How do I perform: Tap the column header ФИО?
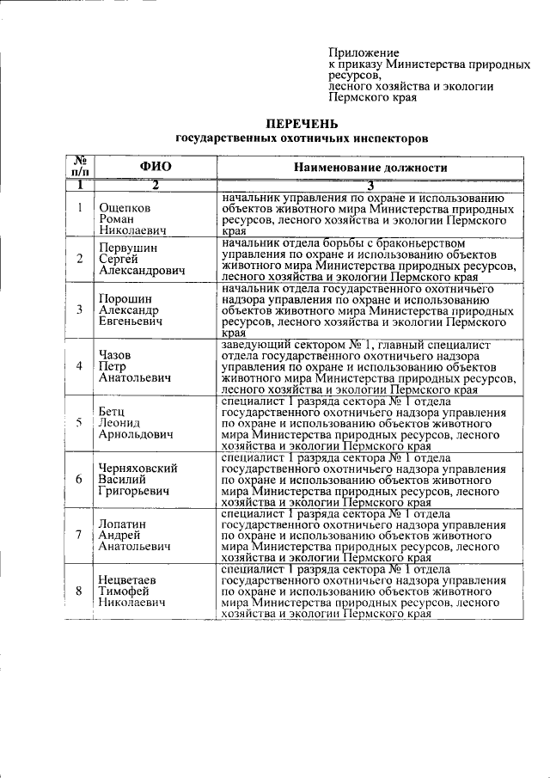tap(156, 167)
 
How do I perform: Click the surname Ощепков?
tap(125, 208)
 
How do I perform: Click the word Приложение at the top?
tap(364, 53)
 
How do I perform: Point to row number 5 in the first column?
tap(79, 422)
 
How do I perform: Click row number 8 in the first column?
tap(79, 591)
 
